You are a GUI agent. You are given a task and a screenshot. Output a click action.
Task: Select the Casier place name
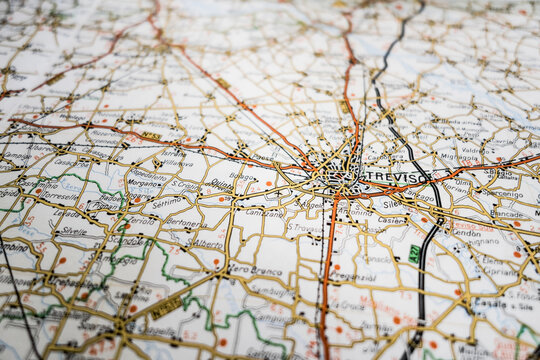[391, 220]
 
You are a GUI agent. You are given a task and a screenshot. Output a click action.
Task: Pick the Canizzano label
[265, 213]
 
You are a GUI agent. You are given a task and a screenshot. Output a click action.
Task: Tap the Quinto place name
[221, 183]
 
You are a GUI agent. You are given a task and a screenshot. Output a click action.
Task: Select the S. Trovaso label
[304, 228]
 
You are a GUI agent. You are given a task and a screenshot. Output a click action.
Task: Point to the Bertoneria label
[187, 223]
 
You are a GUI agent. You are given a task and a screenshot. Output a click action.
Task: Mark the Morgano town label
[145, 183]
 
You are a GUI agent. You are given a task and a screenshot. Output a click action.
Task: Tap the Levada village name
[67, 213]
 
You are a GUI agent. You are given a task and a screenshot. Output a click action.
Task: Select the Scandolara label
[128, 240]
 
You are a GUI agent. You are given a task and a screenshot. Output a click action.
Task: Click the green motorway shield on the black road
[414, 254]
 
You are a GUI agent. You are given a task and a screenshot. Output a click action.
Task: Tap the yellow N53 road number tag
[150, 136]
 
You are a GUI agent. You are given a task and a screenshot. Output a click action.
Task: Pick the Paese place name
[262, 156]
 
